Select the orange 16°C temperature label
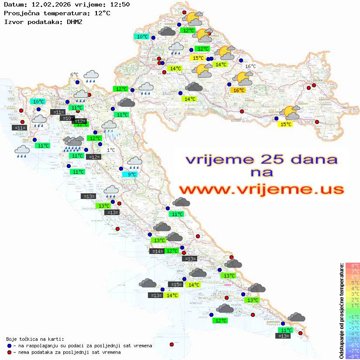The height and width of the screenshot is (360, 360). tap(239, 90)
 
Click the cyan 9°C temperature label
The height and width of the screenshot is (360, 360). tap(132, 175)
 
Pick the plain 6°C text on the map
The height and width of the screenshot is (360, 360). tap(74, 75)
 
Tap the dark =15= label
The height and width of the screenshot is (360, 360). tap(176, 285)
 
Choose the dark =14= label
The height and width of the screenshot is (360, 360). tap(157, 251)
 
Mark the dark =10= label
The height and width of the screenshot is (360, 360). tap(67, 118)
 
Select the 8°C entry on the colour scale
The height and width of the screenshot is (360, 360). tap(352, 265)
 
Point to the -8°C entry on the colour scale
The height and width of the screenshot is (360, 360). tap(352, 356)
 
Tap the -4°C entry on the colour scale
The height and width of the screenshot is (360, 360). tap(352, 333)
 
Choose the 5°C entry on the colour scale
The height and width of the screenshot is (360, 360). tap(352, 282)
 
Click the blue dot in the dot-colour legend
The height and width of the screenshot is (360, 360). tap(9, 346)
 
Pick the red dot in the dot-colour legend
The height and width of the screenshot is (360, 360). tap(9, 352)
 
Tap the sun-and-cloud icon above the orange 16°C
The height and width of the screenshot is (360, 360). tap(243, 79)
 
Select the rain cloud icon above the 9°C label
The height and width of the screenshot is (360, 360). tap(135, 163)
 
